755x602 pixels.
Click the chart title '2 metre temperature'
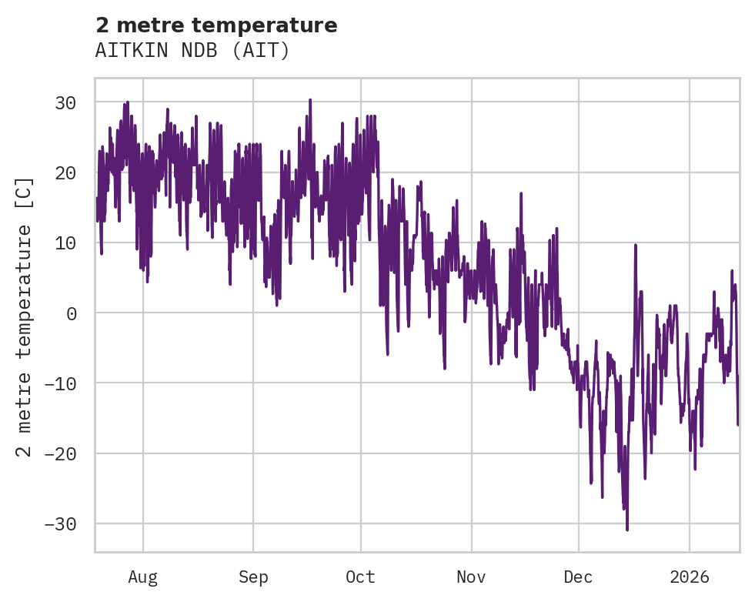216,25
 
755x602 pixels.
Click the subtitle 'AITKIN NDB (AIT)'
192,51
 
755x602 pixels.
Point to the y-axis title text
25,316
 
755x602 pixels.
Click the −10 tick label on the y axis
60,383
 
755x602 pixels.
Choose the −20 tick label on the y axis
60,453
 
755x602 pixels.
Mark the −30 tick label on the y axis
60,523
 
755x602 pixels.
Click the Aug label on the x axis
142,577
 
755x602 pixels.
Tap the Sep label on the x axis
252,577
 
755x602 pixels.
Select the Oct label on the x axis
360,577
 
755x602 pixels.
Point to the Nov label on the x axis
471,577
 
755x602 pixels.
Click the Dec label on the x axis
578,577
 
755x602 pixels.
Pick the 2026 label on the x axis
690,577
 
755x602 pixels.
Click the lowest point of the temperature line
627,530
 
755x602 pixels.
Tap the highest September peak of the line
310,100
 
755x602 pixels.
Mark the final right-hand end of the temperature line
738,424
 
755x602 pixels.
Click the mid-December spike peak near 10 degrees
636,245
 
